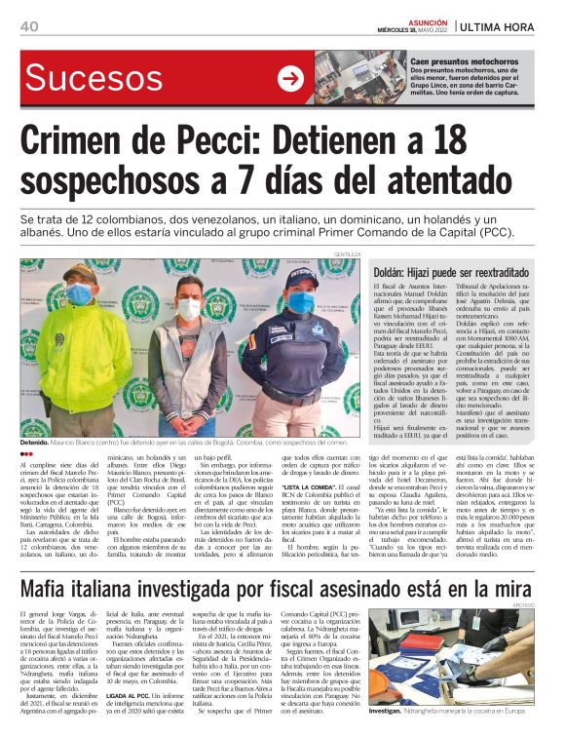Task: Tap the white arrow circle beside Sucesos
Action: tap(290, 78)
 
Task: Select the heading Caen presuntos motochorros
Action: tap(465, 60)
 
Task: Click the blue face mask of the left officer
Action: tap(79, 293)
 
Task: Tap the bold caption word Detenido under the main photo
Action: tap(40, 442)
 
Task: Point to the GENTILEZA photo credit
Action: tap(347, 254)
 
